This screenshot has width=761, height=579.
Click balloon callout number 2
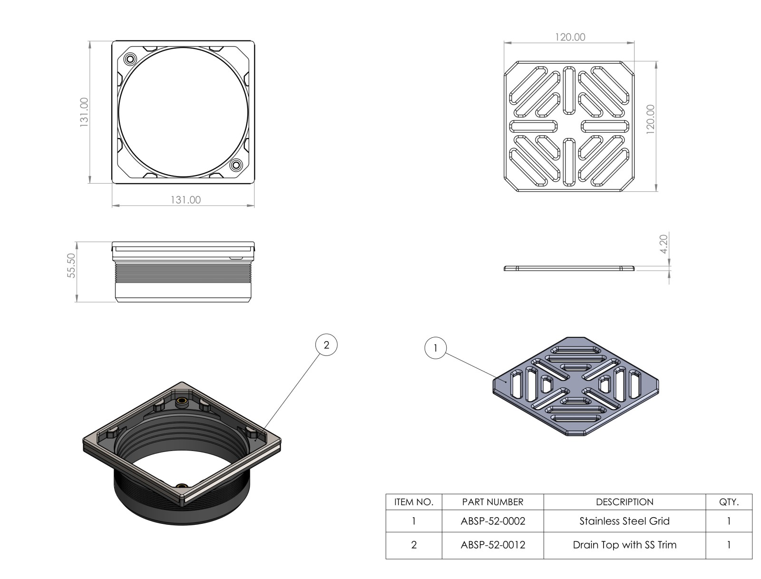[326, 344]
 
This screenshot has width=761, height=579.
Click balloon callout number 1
[436, 348]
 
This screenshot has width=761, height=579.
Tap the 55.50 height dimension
[71, 265]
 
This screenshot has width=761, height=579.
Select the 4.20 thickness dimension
[663, 244]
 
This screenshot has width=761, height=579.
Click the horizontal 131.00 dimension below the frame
[185, 200]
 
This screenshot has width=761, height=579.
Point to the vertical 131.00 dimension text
[84, 112]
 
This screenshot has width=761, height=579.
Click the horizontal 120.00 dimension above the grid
[570, 37]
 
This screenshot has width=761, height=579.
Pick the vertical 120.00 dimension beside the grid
[650, 119]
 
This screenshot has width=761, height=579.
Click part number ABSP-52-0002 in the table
[493, 521]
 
